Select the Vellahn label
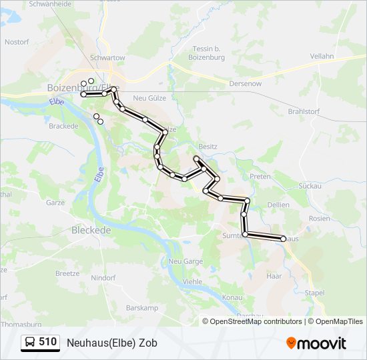(322, 57)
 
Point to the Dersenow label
(246, 84)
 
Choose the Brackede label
(65, 125)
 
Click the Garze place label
(55, 202)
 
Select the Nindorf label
(103, 277)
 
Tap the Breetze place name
(67, 273)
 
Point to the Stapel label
(314, 293)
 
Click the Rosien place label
(320, 218)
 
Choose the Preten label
(260, 177)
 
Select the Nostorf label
(17, 41)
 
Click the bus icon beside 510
(30, 343)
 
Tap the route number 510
(47, 342)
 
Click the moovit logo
(316, 343)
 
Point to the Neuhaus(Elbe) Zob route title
(112, 343)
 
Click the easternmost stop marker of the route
(284, 239)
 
